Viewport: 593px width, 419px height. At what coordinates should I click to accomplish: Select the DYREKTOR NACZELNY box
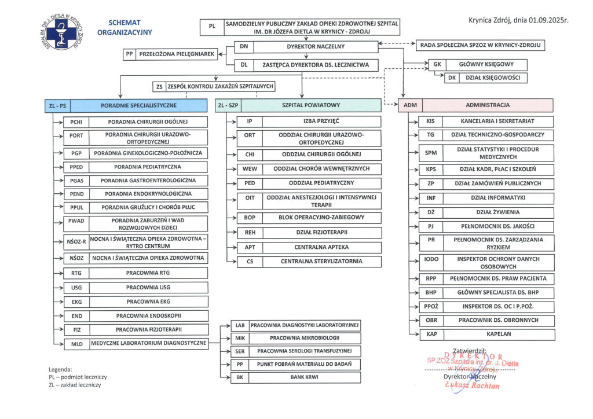tap(316, 46)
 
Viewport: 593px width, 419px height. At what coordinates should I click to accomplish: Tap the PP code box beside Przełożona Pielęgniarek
tap(130, 54)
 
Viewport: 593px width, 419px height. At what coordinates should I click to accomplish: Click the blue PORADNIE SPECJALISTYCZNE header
tap(138, 105)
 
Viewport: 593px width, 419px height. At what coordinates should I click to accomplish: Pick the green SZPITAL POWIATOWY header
tap(311, 105)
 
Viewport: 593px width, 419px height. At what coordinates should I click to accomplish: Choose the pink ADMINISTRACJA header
tap(488, 105)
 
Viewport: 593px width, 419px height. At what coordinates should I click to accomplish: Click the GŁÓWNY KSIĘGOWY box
tap(485, 65)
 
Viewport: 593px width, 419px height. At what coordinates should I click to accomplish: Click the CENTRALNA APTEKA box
tap(321, 247)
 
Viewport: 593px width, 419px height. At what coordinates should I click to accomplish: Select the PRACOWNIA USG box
tap(148, 287)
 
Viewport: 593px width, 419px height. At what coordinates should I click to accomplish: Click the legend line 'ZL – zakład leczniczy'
tap(75, 385)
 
